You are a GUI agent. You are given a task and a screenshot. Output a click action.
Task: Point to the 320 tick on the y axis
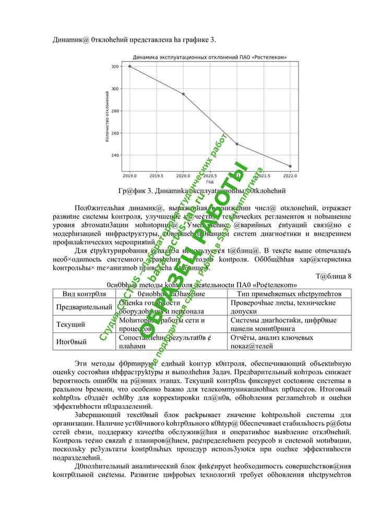(x=114, y=66)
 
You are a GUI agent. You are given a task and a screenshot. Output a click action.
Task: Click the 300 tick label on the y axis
(x=114, y=89)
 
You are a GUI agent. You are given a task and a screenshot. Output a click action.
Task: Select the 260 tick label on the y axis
(x=114, y=133)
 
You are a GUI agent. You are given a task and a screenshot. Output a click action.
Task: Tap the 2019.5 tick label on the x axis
(x=156, y=176)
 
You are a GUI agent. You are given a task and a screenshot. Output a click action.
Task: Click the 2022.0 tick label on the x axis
(x=290, y=176)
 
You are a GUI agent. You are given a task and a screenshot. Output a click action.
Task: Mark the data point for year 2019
(x=129, y=66)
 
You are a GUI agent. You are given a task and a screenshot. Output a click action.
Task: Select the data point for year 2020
(x=183, y=94)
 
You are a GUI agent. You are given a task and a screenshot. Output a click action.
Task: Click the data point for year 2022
(x=290, y=166)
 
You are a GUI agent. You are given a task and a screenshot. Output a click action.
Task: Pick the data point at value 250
(x=237, y=144)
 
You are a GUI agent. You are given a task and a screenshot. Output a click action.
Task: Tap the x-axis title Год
(x=209, y=182)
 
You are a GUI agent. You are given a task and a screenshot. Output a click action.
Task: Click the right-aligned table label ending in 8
(x=334, y=276)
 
